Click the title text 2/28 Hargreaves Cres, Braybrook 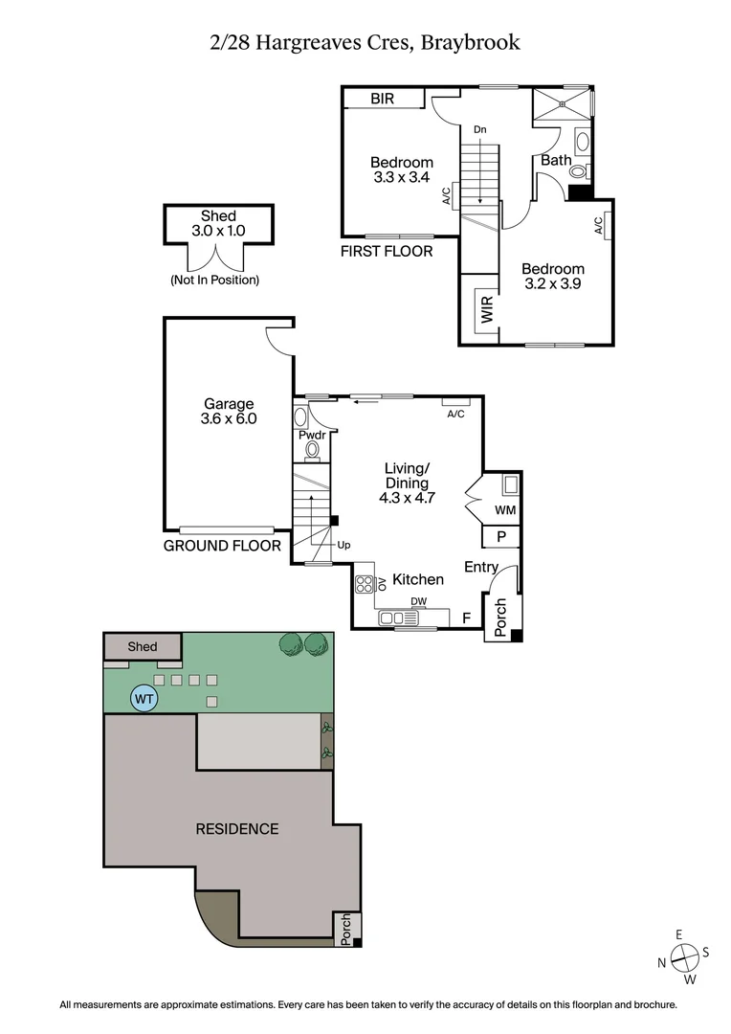click(365, 42)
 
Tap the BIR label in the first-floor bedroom click(383, 99)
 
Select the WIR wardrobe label click(487, 310)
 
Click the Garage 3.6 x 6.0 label click(229, 411)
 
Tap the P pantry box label click(500, 537)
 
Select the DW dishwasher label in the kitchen click(418, 602)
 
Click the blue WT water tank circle click(144, 699)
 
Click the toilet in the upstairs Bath click(579, 171)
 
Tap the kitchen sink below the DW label click(398, 619)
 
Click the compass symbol click(683, 955)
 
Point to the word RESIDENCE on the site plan click(237, 828)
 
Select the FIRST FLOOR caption click(387, 252)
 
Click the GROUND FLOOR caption click(222, 546)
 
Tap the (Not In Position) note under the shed click(214, 281)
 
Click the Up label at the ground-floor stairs click(343, 545)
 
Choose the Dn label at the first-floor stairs click(479, 129)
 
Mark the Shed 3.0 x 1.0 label click(218, 223)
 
